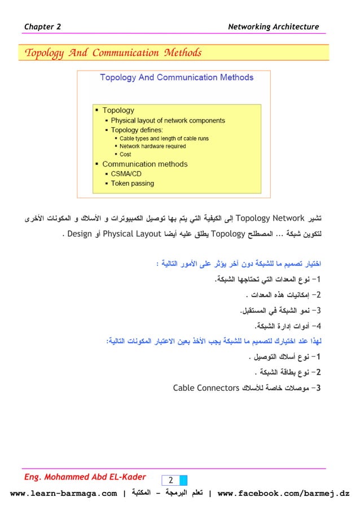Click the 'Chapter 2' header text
(43, 27)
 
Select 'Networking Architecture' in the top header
(273, 27)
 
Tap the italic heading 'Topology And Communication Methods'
(110, 54)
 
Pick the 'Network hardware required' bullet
(152, 146)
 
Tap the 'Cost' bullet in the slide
(125, 154)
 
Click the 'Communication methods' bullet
(144, 164)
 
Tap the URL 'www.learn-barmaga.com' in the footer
(64, 495)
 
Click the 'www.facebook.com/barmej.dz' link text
(283, 495)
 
